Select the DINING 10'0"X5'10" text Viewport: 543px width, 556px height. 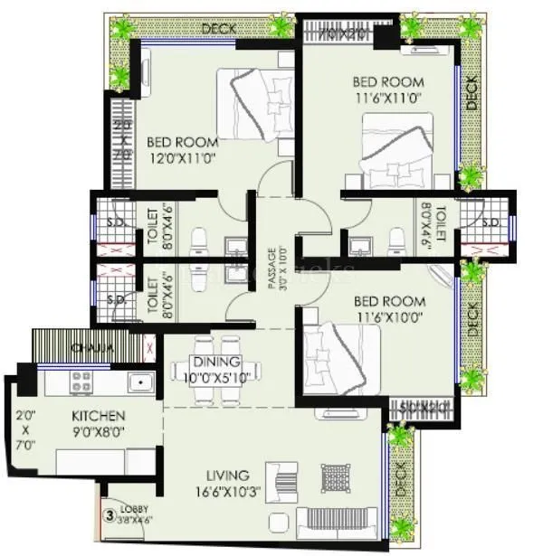point(216,368)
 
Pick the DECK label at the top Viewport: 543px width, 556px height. point(219,29)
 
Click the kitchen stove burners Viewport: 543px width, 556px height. point(81,382)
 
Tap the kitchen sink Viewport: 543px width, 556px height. point(140,383)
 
